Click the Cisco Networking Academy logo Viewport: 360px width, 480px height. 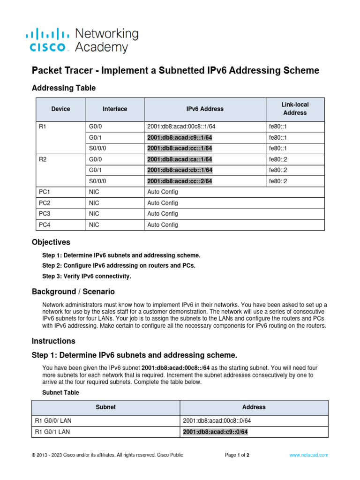point(82,40)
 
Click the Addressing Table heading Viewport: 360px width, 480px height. point(63,88)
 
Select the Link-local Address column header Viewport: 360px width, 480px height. point(295,109)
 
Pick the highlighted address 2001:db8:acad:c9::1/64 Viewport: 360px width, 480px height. point(180,137)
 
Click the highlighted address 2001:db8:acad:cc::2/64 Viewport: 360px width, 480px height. point(180,181)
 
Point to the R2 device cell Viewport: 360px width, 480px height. point(43,159)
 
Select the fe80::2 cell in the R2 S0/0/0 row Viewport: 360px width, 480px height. point(277,181)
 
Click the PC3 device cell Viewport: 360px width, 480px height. point(45,214)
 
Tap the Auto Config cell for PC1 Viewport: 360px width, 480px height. point(163,192)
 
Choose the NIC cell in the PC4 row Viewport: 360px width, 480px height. point(94,225)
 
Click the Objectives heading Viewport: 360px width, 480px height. point(51,242)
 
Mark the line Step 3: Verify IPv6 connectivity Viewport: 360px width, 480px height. point(87,276)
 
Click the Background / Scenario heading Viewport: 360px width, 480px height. point(73,292)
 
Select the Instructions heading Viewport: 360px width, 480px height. point(53,341)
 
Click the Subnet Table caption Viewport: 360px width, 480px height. point(60,392)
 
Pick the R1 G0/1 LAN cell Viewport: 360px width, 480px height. point(52,432)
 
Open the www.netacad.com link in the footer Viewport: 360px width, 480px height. point(308,455)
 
